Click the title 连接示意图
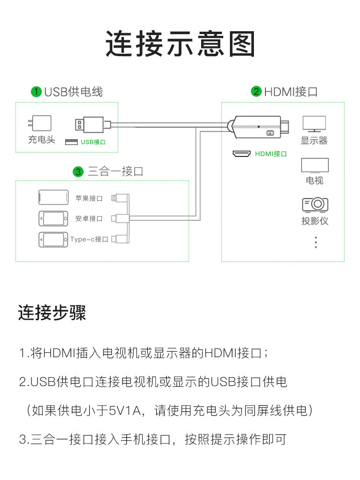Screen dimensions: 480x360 (180, 44)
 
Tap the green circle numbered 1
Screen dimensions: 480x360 (36, 92)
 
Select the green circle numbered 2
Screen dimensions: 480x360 (256, 92)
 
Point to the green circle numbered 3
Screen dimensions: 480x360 (78, 171)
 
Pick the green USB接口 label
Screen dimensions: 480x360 (93, 142)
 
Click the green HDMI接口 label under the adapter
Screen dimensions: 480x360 (271, 154)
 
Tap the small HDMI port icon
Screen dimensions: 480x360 (241, 154)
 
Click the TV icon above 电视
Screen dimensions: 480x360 (315, 166)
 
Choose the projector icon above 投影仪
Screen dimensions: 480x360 (315, 205)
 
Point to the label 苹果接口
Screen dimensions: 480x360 (89, 198)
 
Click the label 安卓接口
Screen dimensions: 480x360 (89, 218)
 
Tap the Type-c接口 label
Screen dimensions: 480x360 (89, 239)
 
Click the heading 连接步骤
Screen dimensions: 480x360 (52, 313)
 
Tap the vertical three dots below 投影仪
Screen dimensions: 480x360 (315, 242)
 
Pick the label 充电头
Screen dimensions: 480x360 (42, 140)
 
